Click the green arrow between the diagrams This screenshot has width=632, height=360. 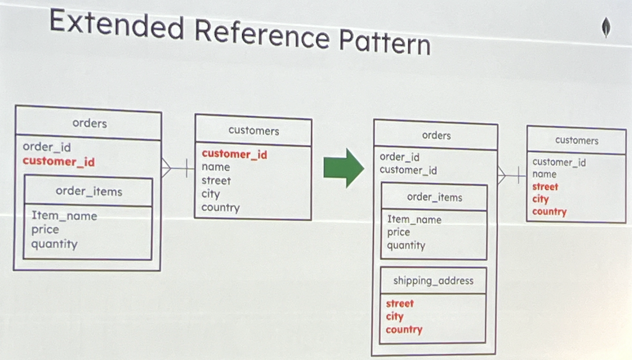click(344, 167)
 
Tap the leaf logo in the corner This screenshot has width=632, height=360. click(606, 28)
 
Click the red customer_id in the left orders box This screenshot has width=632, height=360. click(58, 162)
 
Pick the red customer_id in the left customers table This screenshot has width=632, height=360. click(234, 154)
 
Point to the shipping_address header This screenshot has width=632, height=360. click(433, 281)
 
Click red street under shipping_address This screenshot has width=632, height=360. click(399, 303)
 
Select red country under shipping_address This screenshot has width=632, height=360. click(404, 330)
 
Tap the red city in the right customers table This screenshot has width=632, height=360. click(540, 199)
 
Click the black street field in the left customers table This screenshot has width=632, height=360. click(216, 181)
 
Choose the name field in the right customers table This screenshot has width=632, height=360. click(544, 174)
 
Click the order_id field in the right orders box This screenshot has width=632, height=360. click(399, 157)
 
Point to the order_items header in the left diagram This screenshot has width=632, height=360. click(89, 191)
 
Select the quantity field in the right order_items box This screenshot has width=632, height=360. click(406, 246)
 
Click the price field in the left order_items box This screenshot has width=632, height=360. click(45, 230)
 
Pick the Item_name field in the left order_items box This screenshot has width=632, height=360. click(64, 216)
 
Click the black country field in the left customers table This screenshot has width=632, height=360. click(221, 208)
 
